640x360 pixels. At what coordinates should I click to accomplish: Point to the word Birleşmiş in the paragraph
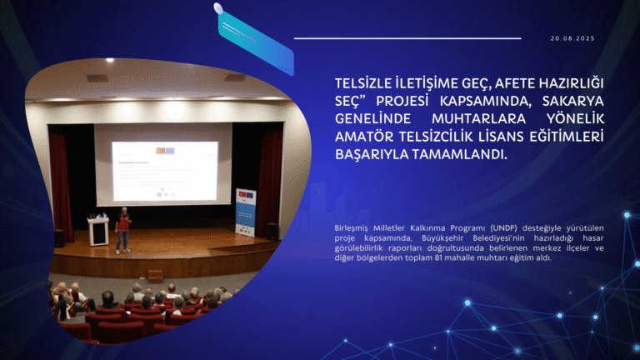pyautogui.click(x=352, y=227)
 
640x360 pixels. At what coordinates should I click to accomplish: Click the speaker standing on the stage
pyautogui.click(x=122, y=229)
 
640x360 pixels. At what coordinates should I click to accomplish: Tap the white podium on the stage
pyautogui.click(x=98, y=231)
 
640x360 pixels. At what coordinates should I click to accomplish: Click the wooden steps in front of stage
pyautogui.click(x=154, y=272)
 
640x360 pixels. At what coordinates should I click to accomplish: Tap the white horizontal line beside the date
pyautogui.click(x=407, y=38)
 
